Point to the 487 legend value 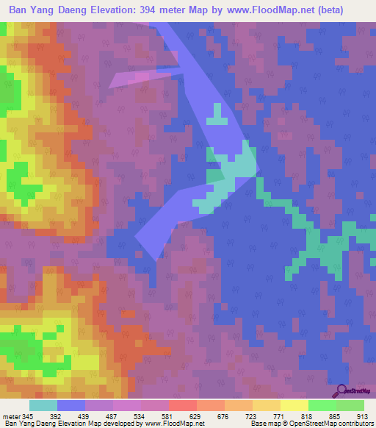112,416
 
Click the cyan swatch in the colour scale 43,405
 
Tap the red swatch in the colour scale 182,405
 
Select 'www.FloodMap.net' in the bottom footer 174,424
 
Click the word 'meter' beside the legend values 12,416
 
